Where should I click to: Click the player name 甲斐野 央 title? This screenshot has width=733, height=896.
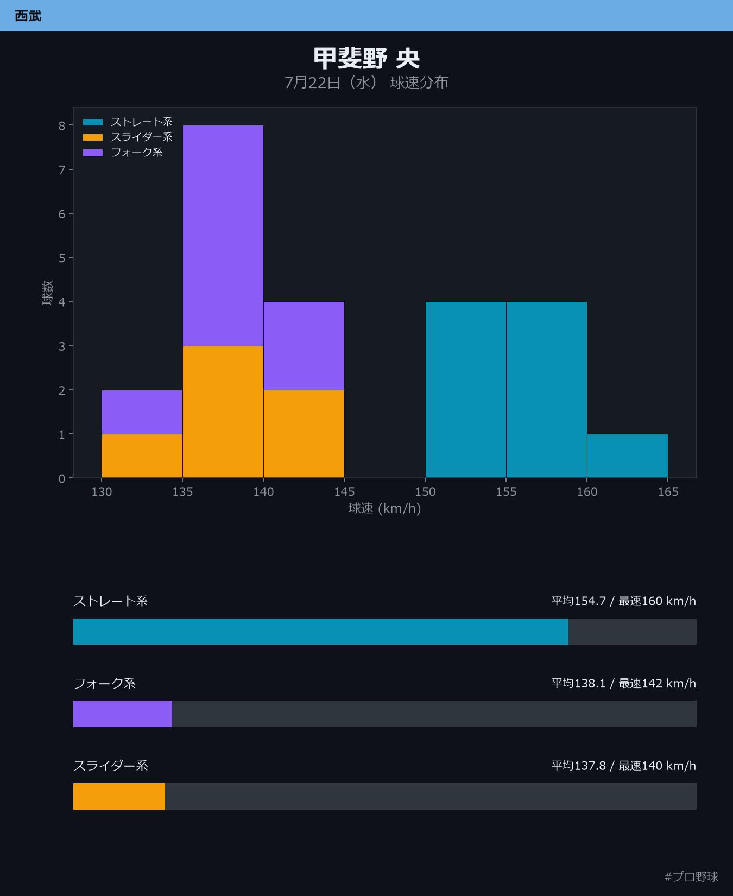pos(366,58)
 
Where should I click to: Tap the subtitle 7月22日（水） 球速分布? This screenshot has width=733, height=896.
pos(366,83)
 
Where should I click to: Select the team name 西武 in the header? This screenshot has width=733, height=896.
pos(28,16)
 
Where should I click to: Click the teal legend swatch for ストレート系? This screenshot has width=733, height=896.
pos(93,122)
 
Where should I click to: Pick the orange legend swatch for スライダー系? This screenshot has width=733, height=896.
pos(93,137)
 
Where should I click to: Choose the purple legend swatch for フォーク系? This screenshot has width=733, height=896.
pos(93,153)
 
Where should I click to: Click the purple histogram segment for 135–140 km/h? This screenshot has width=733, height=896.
pos(223,236)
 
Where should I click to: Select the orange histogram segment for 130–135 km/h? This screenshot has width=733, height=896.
pos(142,456)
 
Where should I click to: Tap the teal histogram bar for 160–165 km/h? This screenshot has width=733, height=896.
pos(627,456)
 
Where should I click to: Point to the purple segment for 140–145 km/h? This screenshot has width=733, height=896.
pos(304,346)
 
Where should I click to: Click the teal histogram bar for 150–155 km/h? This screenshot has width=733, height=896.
pos(466,390)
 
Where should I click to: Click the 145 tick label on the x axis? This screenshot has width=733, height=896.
pos(344,491)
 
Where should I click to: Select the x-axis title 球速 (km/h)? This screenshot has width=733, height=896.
pos(384,508)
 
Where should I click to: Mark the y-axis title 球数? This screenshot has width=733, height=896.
pos(48,293)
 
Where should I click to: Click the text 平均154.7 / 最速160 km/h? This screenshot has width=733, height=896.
pos(624,601)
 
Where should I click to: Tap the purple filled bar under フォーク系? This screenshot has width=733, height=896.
pos(123,714)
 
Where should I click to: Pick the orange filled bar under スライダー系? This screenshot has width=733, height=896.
pos(119,796)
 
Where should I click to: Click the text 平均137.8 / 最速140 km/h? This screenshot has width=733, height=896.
pos(624,766)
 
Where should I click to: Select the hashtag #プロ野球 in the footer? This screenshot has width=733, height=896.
pos(691,876)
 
